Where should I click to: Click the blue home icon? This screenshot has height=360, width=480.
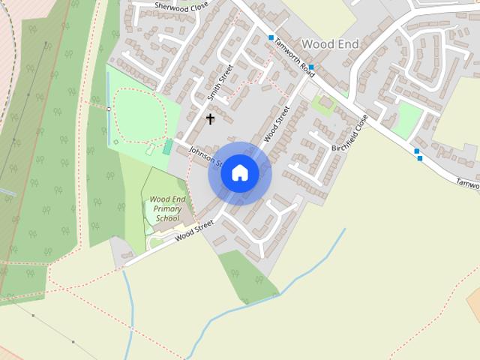[240, 172]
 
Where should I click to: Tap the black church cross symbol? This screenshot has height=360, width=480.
[210, 118]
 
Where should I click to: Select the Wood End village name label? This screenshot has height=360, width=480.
[329, 44]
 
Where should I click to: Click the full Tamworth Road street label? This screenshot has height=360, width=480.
[293, 55]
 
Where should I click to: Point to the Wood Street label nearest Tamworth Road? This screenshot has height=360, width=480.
[277, 125]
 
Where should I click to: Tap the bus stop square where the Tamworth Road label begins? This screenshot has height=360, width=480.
[271, 37]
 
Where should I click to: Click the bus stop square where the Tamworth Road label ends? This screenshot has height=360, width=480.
[311, 67]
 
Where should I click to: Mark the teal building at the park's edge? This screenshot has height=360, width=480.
[166, 147]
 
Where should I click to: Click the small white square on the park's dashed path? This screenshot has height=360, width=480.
[109, 109]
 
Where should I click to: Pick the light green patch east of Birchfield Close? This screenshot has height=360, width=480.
[409, 119]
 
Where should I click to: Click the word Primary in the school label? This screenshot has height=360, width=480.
[166, 208]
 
